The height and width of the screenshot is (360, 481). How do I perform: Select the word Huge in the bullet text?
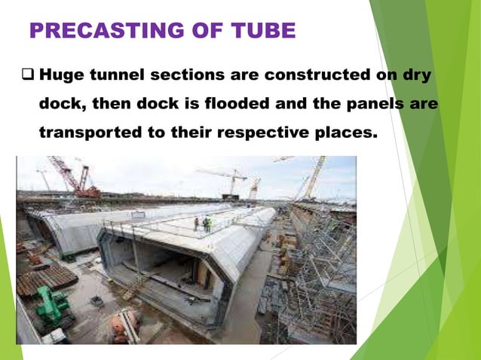tap(62, 75)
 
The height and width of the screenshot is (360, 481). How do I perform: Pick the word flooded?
tap(222, 103)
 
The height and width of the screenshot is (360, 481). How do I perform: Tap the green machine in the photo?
tap(53, 305)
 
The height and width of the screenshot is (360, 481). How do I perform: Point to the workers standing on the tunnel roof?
tap(205, 223)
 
